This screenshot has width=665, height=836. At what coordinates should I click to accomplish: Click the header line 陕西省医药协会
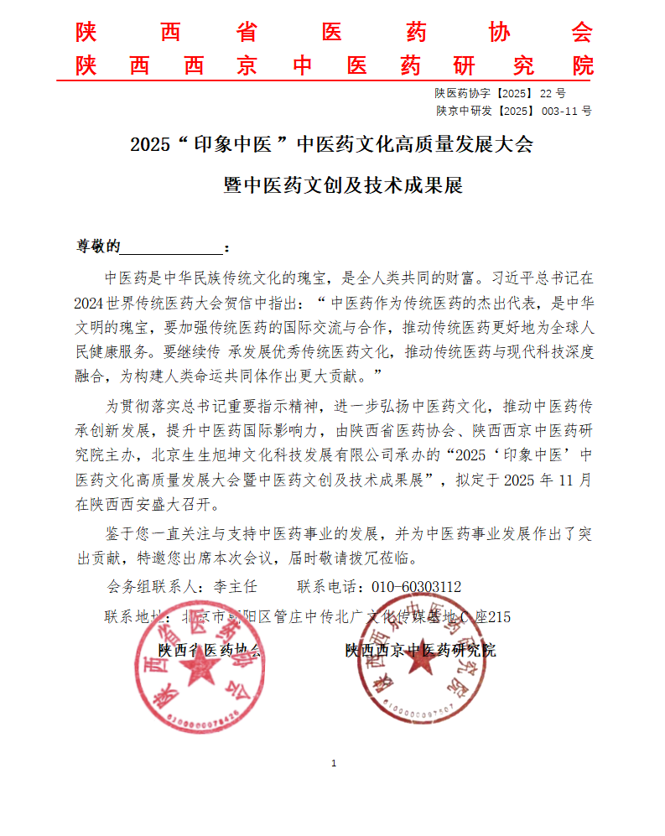pyautogui.click(x=334, y=33)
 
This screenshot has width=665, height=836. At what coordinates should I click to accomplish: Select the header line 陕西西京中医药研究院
pyautogui.click(x=334, y=66)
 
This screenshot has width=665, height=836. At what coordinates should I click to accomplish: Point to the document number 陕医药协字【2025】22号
pyautogui.click(x=500, y=93)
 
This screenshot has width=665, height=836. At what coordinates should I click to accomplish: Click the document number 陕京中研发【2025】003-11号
pyautogui.click(x=513, y=110)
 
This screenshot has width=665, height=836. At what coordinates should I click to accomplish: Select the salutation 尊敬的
pyautogui.click(x=99, y=247)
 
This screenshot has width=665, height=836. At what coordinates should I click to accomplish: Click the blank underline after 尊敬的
pyautogui.click(x=173, y=247)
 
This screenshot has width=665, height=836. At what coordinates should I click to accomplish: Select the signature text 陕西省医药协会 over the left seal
pyautogui.click(x=210, y=650)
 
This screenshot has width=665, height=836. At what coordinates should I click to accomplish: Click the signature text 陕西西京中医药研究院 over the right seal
pyautogui.click(x=420, y=650)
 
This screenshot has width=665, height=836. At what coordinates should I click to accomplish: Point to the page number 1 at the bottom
pyautogui.click(x=334, y=763)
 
